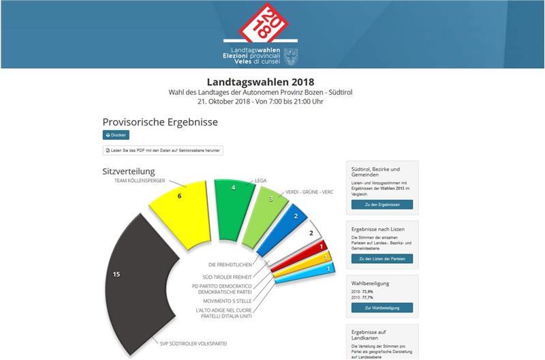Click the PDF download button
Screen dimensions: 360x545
(x=163, y=150)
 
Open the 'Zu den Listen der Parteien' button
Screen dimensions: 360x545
(x=382, y=259)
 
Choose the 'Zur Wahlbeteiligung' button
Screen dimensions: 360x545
(x=382, y=308)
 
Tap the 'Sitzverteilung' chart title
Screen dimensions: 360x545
(x=129, y=171)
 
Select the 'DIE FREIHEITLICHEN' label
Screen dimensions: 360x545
(x=231, y=265)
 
